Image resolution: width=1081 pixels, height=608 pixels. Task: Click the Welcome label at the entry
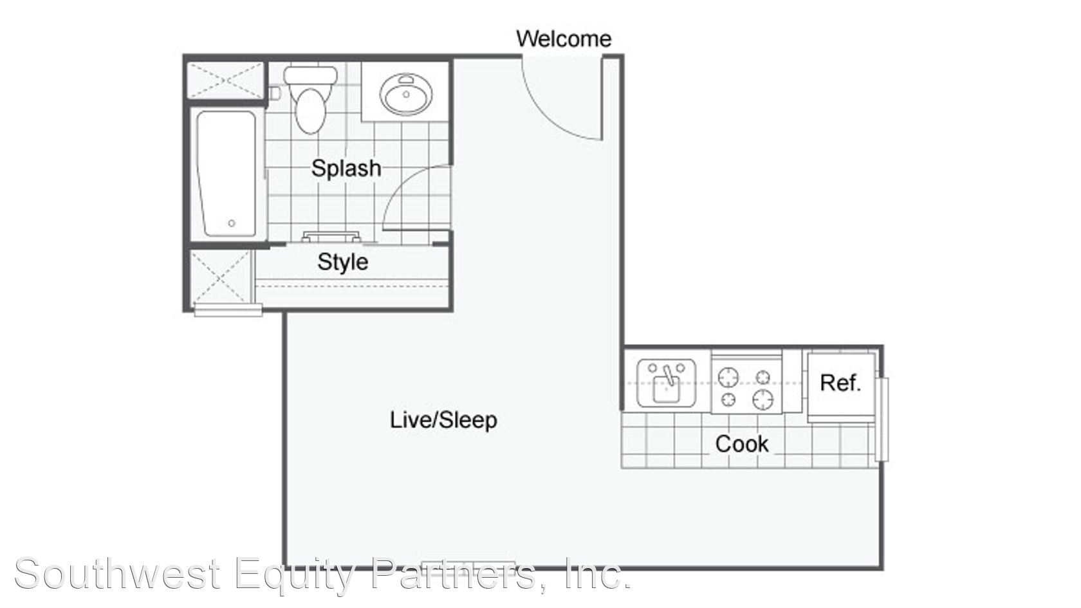click(x=564, y=39)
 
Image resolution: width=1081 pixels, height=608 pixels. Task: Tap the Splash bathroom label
click(x=346, y=168)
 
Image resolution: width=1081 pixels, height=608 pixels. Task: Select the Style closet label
click(x=342, y=262)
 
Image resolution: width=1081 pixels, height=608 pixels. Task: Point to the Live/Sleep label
click(x=443, y=419)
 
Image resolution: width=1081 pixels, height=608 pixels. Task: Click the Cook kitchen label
click(x=742, y=444)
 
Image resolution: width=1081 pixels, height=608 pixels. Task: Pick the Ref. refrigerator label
click(x=840, y=383)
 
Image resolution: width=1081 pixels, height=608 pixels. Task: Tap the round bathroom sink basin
click(x=406, y=94)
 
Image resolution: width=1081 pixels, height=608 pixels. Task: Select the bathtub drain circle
click(x=232, y=223)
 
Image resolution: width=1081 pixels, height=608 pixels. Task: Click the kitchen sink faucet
click(x=669, y=375)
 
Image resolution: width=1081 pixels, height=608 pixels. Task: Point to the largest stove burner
click(x=762, y=399)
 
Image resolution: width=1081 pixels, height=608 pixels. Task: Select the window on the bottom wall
click(x=468, y=566)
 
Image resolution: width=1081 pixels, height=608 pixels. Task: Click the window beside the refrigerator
click(x=883, y=419)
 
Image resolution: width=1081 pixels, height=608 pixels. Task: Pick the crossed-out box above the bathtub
click(x=226, y=80)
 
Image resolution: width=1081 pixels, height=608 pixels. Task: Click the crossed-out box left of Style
click(x=221, y=277)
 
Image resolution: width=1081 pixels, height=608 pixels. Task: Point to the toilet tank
click(x=310, y=76)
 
